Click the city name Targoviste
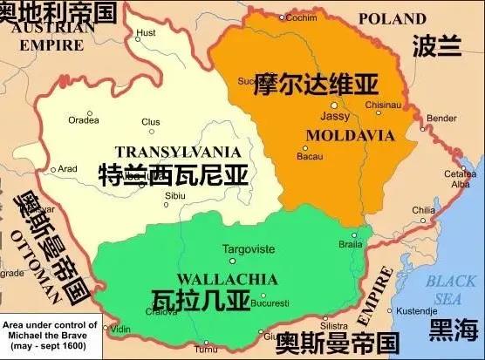[x=249, y=249]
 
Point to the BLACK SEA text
[x=454, y=289]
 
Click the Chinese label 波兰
[x=436, y=45]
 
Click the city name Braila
[x=351, y=246]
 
